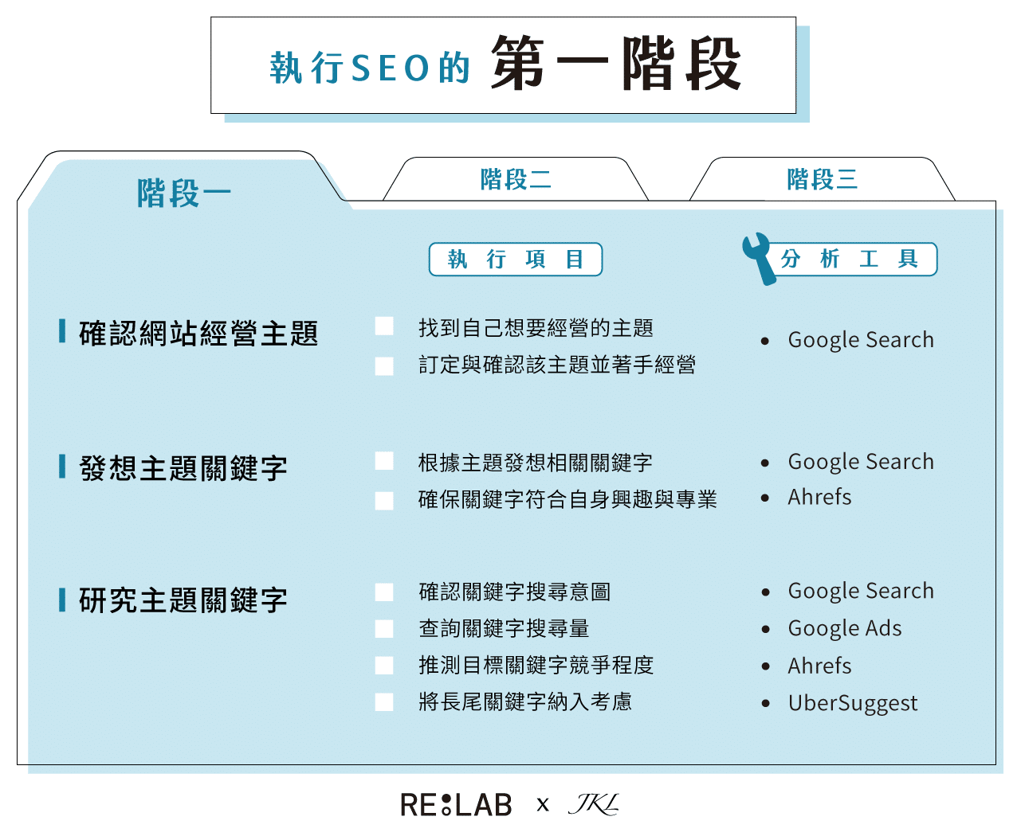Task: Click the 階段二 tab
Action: [516, 180]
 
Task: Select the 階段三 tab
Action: [822, 180]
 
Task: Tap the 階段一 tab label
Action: [184, 193]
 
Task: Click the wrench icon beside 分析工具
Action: [758, 257]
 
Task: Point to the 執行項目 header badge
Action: [516, 260]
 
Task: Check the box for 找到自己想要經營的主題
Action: [384, 326]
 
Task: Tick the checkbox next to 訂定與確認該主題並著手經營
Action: [384, 365]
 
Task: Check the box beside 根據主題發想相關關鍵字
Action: [384, 462]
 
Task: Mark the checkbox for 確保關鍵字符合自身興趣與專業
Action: [384, 500]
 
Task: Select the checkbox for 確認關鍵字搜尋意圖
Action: [384, 592]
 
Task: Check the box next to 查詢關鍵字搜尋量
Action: [384, 628]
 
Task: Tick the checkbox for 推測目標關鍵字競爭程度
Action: [384, 665]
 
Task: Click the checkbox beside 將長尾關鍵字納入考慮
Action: [384, 701]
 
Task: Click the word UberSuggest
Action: [852, 703]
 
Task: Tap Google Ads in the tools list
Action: [844, 628]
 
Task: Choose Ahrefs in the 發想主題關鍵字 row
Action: [819, 498]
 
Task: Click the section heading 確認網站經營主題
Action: [198, 334]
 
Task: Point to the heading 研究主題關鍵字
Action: [183, 600]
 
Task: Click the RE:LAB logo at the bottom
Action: [456, 805]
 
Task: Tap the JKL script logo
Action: [593, 804]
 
